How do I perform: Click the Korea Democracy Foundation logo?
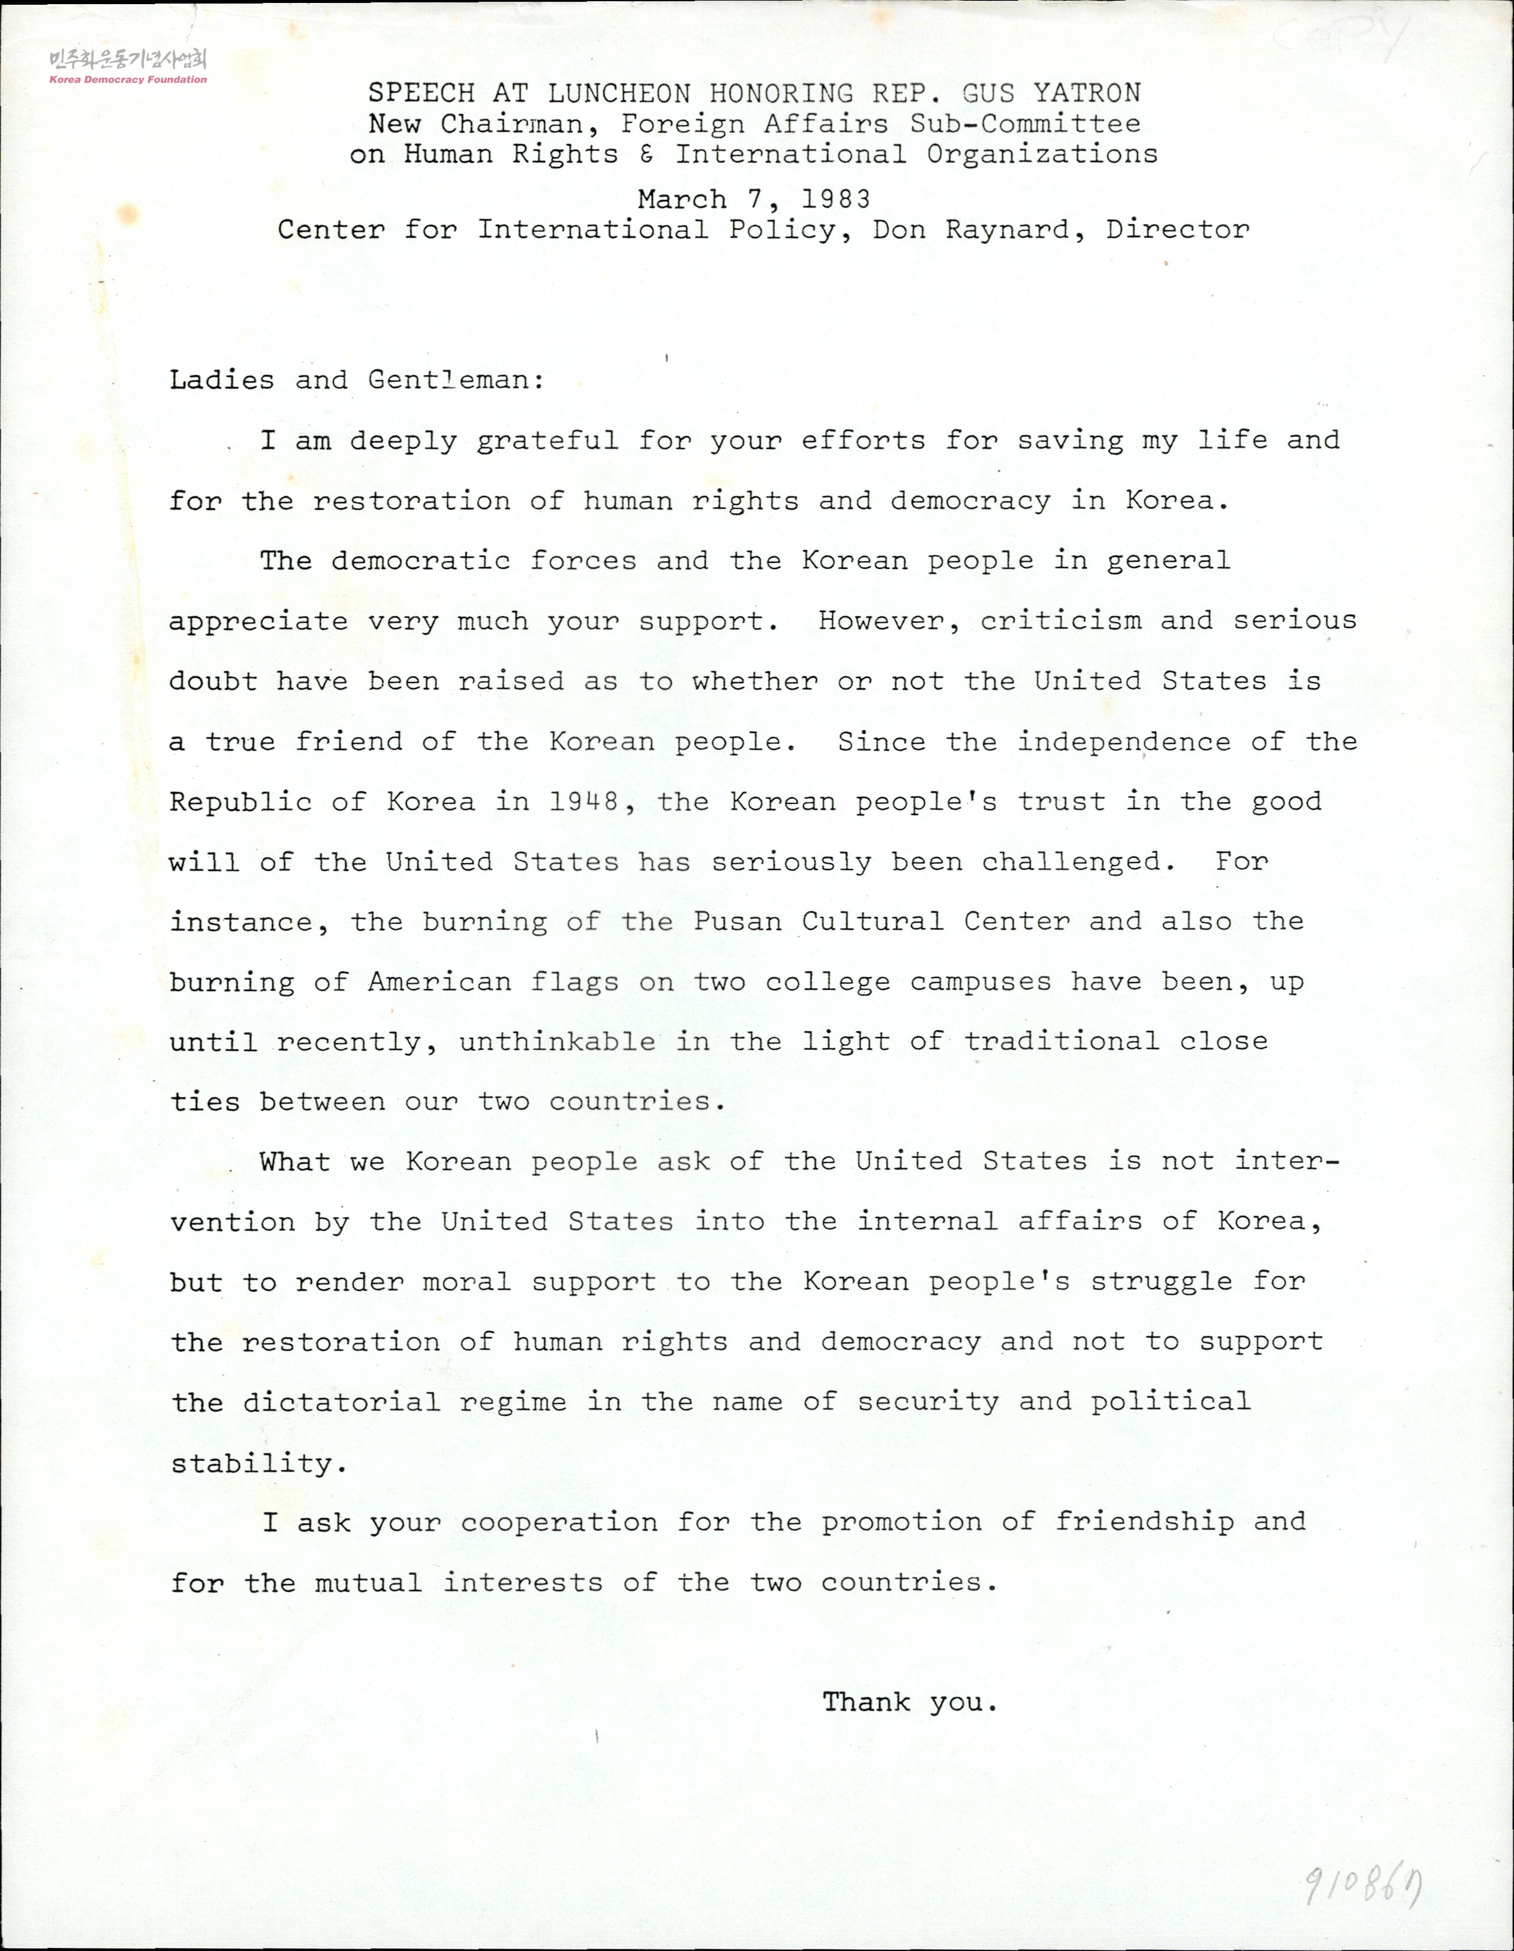click(128, 66)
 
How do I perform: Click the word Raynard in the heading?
click(1006, 230)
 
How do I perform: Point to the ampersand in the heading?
click(646, 154)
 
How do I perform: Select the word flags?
click(574, 982)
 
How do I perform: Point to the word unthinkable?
click(557, 1042)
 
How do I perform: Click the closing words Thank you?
click(909, 1702)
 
